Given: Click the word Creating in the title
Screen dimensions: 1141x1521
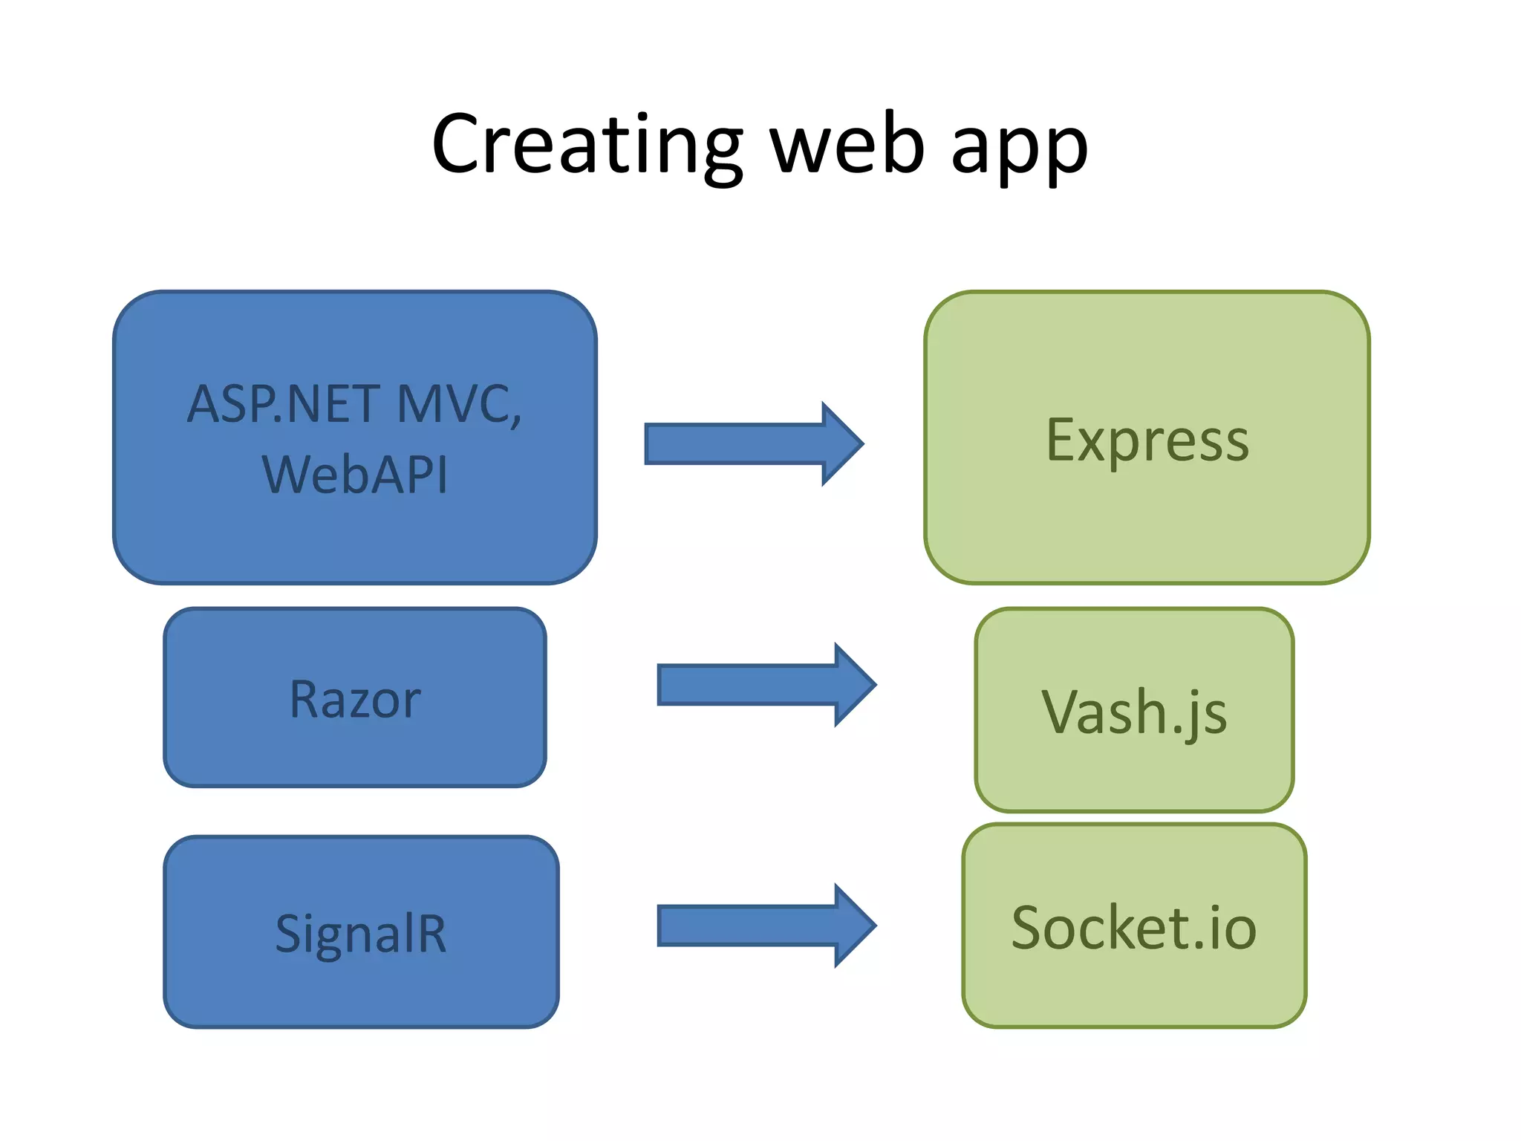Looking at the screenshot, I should coord(587,145).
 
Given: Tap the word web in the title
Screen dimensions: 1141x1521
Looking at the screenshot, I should coord(847,145).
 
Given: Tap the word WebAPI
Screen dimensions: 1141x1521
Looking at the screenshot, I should coord(355,474).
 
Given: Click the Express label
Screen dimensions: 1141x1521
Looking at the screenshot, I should coord(1147,441).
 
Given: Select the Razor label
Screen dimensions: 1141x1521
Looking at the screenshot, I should coord(355,700).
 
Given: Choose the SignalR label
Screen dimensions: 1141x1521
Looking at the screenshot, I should coord(361,934).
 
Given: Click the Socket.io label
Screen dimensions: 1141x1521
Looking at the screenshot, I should coord(1134,928).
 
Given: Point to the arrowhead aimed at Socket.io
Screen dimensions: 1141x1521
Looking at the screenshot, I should coord(854,926).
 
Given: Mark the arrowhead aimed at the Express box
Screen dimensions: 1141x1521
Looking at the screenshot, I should coord(841,444).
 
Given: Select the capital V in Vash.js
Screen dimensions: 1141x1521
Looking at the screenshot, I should coord(1063,712).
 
